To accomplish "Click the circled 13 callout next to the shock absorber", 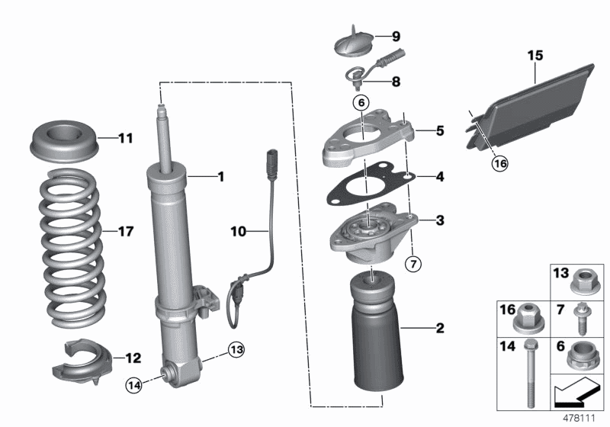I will tap(237, 350).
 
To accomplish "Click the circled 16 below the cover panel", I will tap(477, 162).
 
